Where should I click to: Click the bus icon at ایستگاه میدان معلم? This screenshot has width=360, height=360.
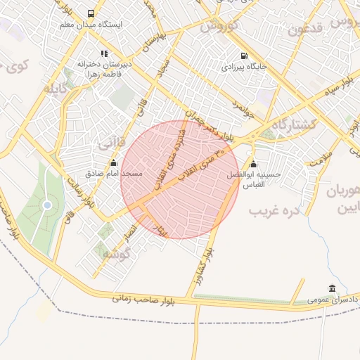point(91,13)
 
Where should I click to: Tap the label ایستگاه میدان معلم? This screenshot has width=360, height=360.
point(91,25)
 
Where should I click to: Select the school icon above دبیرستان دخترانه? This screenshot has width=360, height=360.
point(104,53)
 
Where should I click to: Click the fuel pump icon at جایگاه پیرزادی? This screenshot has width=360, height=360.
point(243,56)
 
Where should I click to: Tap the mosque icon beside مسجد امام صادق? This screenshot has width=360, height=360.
point(114,162)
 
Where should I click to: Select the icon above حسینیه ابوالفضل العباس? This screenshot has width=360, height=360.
point(253,165)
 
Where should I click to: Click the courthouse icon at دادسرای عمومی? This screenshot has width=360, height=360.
point(331,288)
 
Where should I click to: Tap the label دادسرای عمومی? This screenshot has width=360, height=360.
point(332,300)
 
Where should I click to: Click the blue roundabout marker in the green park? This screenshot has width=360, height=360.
point(47,205)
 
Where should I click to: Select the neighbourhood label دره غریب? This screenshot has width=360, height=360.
point(274,209)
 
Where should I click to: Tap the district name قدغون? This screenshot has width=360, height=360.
point(304,31)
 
